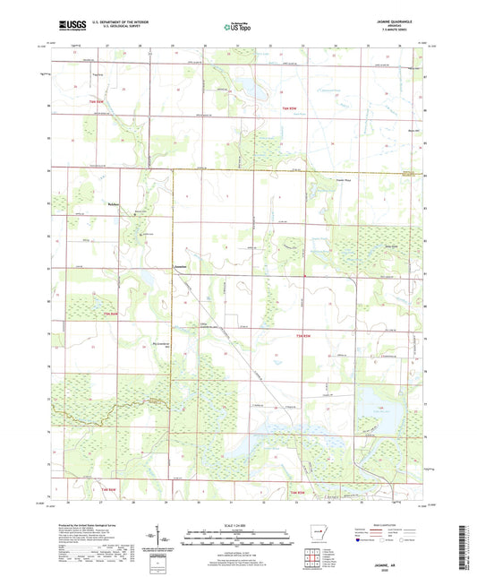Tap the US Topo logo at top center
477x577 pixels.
[x=237, y=28]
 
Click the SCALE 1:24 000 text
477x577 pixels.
[x=237, y=526]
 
